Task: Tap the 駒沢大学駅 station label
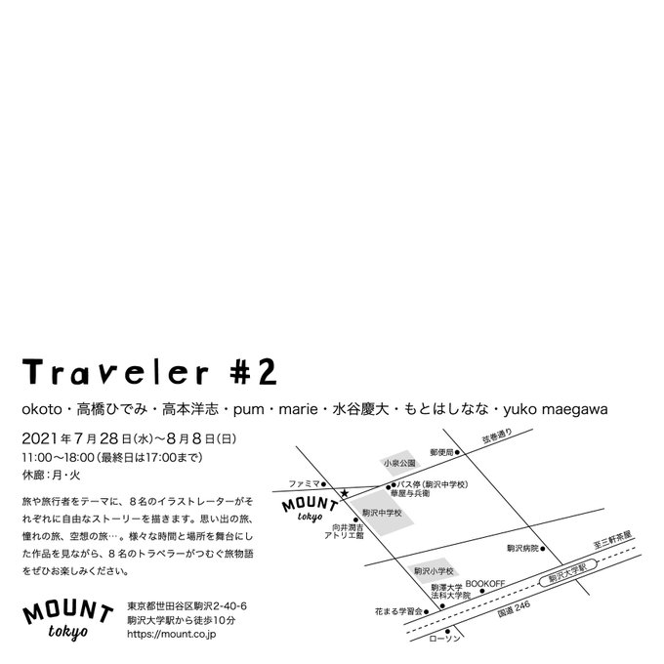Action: point(572,577)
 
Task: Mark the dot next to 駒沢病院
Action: point(542,549)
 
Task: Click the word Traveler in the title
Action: point(115,371)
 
